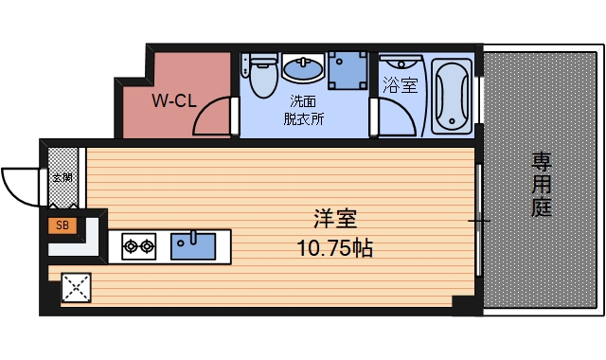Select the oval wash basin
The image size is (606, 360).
[x=303, y=70]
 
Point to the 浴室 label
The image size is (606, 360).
[x=399, y=86]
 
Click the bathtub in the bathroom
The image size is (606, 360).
[x=451, y=96]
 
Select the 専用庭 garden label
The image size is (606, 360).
[x=541, y=184]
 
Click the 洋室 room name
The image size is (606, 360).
[x=333, y=219]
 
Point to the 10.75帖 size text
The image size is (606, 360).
[x=333, y=248]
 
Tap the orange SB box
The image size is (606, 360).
[x=62, y=225]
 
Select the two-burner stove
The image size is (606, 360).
[x=138, y=248]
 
